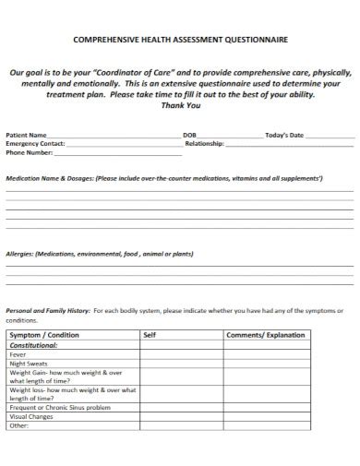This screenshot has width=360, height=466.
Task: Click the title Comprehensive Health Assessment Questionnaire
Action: point(179,40)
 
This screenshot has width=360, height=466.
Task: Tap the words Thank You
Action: point(180,104)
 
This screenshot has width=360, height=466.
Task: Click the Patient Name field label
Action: point(27,135)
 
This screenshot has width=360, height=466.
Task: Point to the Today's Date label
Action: point(284,135)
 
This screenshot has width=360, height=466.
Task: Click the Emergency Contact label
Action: point(35,144)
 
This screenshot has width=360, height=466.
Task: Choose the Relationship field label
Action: point(206,144)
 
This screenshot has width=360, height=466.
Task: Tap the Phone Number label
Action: point(29,153)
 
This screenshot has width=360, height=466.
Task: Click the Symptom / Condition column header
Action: point(44,334)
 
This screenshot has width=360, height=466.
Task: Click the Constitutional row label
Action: point(33,344)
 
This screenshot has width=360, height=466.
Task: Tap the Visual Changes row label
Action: point(31,416)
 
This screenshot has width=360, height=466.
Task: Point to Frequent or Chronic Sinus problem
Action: point(59,407)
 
